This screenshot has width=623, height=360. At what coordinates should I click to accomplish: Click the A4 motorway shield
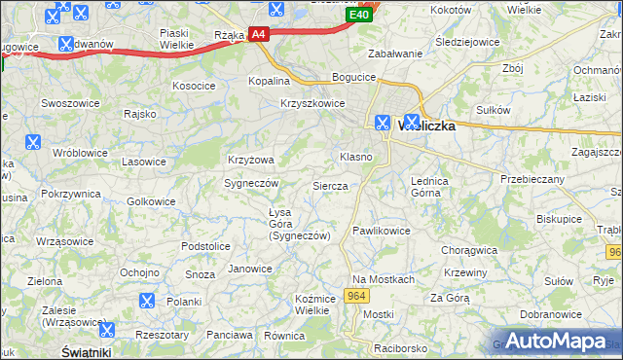coord(257,34)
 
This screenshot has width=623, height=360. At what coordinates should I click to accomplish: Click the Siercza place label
coord(330,185)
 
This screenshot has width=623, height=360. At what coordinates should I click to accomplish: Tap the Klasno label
coord(355,157)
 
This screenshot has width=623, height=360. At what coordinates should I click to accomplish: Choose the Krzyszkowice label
coord(312,103)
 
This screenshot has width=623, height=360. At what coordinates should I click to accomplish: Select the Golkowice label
coord(152,201)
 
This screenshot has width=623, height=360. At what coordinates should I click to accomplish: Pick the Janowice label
coord(249,269)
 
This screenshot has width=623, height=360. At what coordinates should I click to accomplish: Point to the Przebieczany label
coord(532,179)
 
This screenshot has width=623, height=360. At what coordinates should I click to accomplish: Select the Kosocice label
coord(194,86)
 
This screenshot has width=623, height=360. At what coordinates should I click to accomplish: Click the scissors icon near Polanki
coord(148,302)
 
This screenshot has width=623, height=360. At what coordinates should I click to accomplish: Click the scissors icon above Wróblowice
coord(33,142)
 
